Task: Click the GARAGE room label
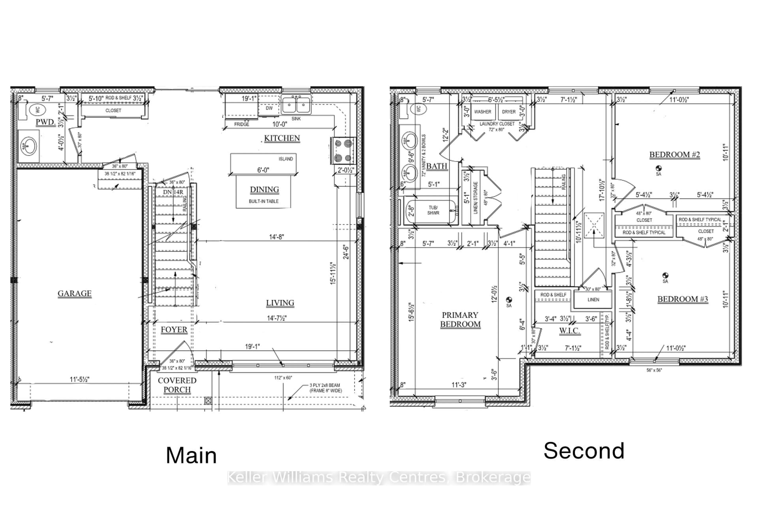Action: click(x=74, y=293)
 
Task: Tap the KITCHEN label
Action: click(x=282, y=138)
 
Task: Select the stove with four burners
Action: click(x=343, y=150)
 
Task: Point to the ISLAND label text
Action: click(x=286, y=159)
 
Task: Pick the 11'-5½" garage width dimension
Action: click(x=79, y=379)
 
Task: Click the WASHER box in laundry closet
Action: click(x=482, y=112)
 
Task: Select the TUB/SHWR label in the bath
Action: click(x=433, y=210)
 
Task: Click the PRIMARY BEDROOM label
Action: click(x=460, y=320)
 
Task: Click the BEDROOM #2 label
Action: click(x=675, y=155)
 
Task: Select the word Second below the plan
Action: click(x=584, y=451)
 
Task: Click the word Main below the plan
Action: click(x=191, y=455)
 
